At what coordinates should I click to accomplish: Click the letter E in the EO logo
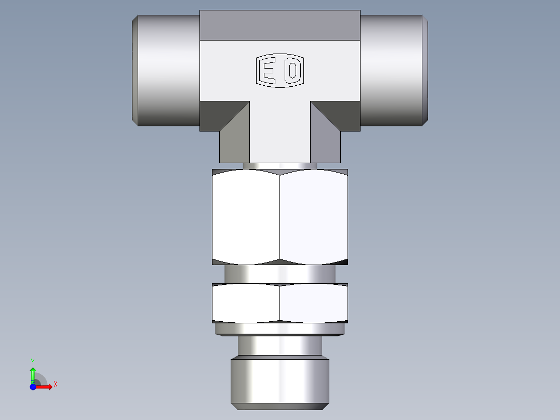(268, 71)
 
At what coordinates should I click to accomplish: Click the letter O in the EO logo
(292, 71)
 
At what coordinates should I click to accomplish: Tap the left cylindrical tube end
(166, 70)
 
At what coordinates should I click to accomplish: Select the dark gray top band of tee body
(280, 25)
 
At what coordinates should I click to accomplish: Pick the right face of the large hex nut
(314, 216)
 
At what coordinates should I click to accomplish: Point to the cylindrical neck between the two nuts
(280, 274)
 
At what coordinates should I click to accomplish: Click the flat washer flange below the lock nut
(280, 329)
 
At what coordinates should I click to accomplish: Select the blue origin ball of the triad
(33, 387)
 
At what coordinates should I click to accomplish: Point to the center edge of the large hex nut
(280, 216)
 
